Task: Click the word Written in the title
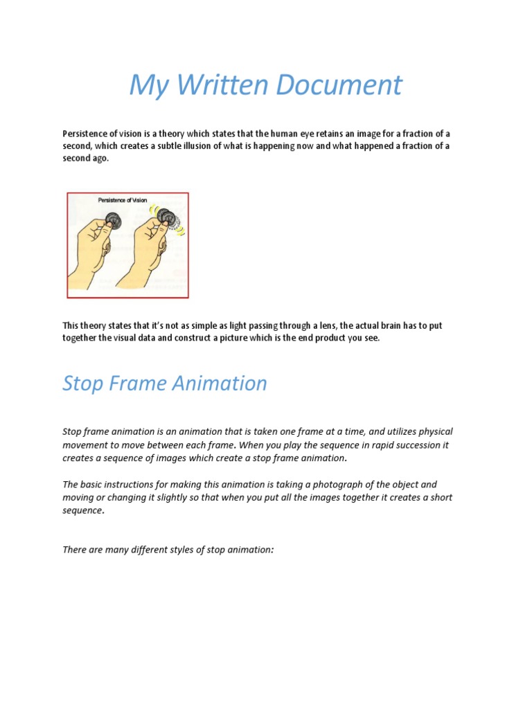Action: tap(221, 85)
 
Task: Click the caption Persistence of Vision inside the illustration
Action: tap(123, 200)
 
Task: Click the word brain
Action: tap(390, 325)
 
